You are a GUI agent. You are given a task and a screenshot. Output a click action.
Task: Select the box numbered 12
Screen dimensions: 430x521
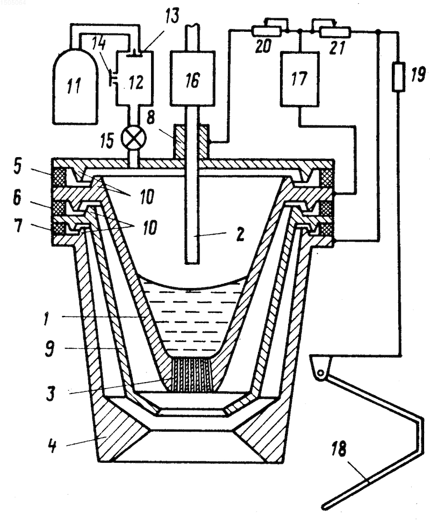tap(134, 79)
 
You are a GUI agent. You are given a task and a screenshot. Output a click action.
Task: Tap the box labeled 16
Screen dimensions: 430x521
tap(192, 79)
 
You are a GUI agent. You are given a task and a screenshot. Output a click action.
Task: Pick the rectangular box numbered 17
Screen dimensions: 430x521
tap(300, 79)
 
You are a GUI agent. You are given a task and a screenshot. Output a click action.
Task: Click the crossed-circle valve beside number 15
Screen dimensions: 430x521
tap(134, 138)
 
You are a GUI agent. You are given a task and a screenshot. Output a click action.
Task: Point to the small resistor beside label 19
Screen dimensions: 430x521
tap(398, 78)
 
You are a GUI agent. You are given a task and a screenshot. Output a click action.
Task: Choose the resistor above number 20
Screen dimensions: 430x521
tap(267, 31)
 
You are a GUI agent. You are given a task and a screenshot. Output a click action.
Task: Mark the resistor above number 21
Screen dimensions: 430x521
tap(334, 32)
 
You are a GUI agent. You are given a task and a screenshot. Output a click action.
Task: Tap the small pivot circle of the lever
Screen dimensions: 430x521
tap(320, 373)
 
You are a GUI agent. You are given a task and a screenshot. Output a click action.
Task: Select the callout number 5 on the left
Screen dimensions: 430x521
tap(18, 167)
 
